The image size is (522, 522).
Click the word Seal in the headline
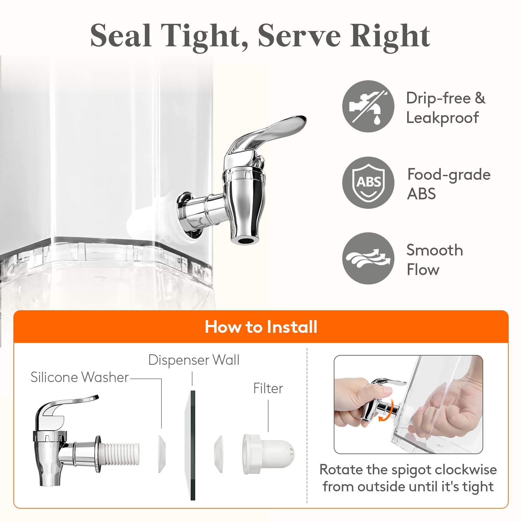[x=121, y=36]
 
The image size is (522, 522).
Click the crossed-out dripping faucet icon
[x=368, y=106]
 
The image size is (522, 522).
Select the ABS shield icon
[x=368, y=183]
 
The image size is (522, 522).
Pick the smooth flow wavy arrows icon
[x=368, y=258]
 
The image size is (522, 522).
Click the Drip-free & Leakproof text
[x=446, y=108]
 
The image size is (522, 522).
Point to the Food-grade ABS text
[x=449, y=184]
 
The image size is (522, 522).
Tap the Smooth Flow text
[x=435, y=260]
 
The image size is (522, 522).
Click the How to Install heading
[x=261, y=327]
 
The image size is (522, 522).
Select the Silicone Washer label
[x=80, y=377]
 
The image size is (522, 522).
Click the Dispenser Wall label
[x=194, y=360]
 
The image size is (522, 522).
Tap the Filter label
[x=268, y=388]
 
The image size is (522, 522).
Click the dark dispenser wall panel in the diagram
[x=193, y=445]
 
